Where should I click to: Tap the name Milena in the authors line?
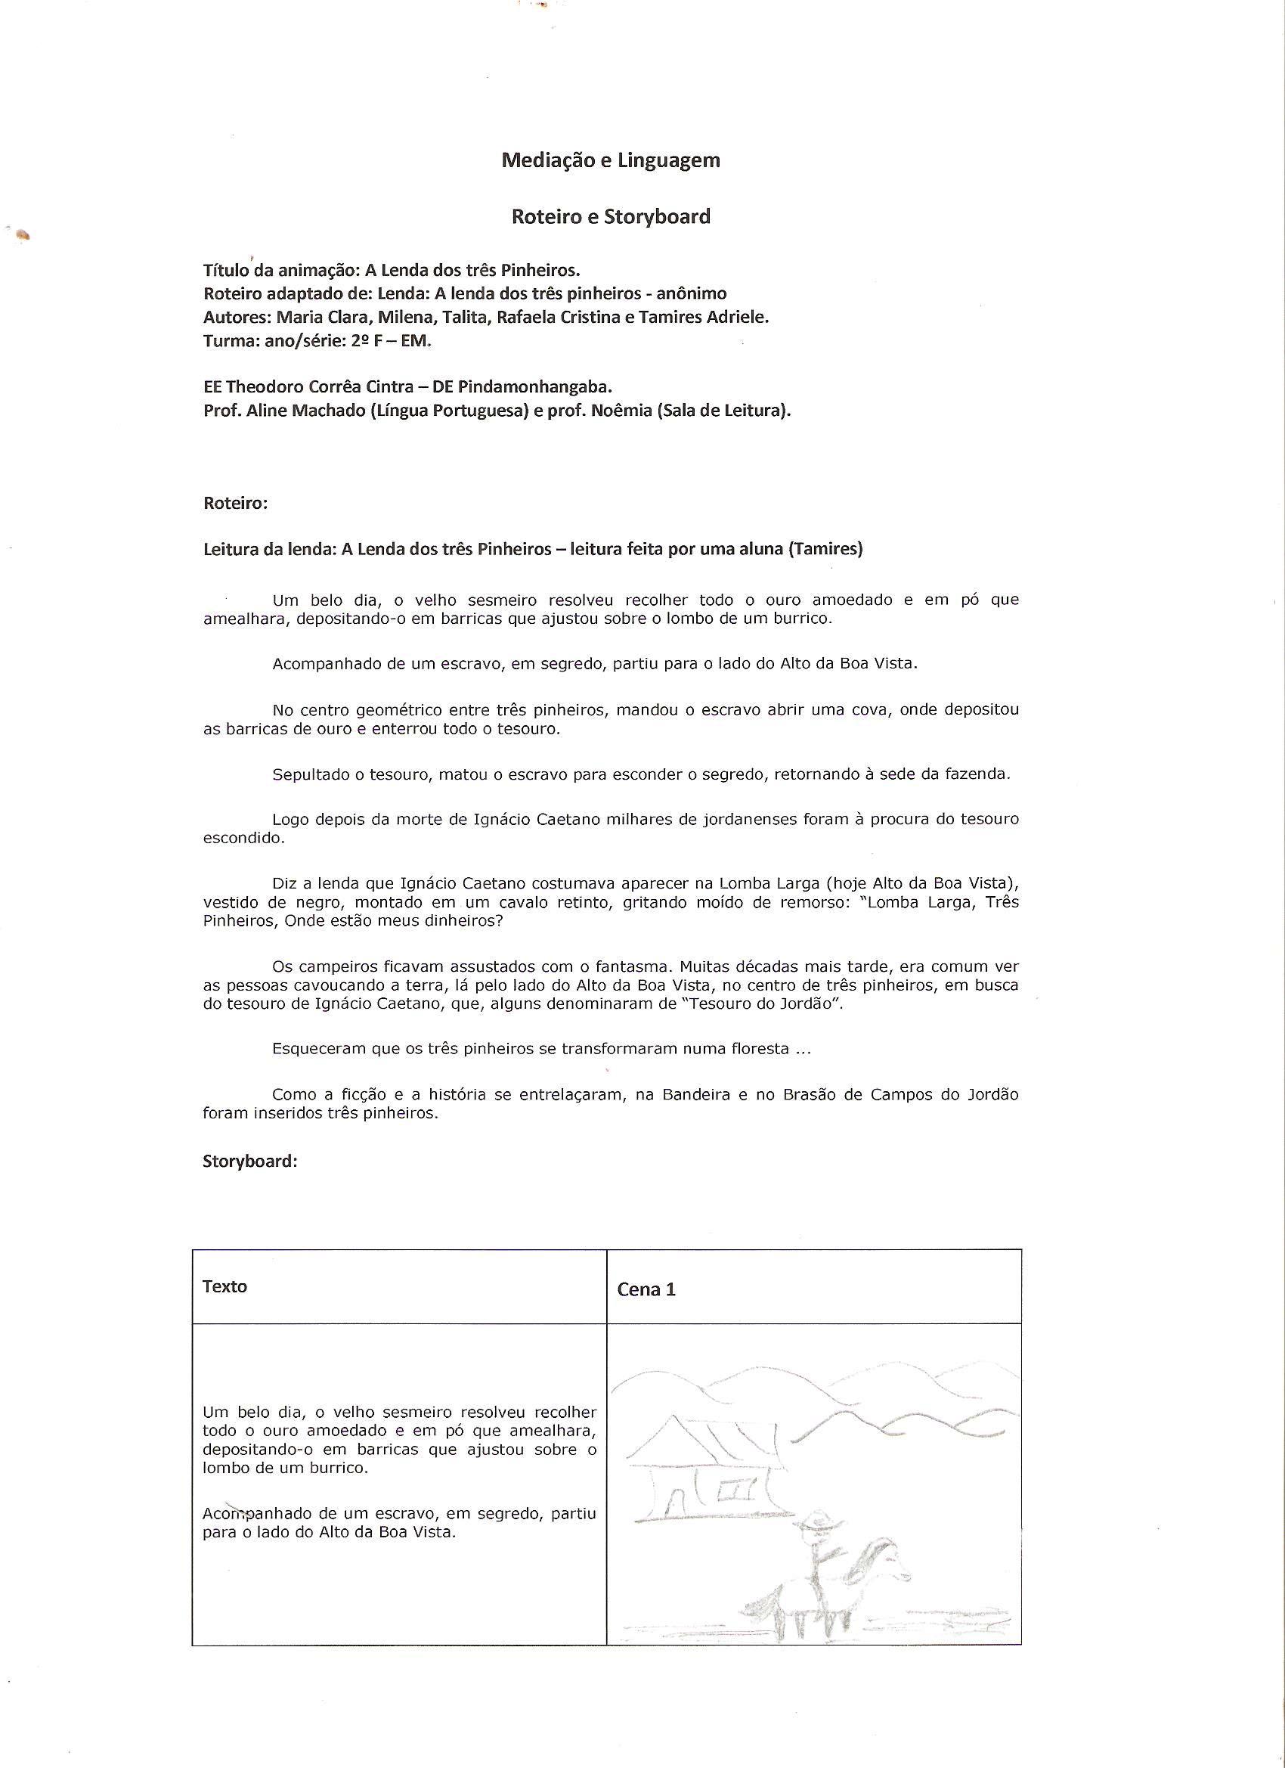tap(405, 318)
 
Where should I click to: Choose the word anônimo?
tap(691, 294)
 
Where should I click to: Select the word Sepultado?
tap(308, 774)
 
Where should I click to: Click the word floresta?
tap(758, 1049)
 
